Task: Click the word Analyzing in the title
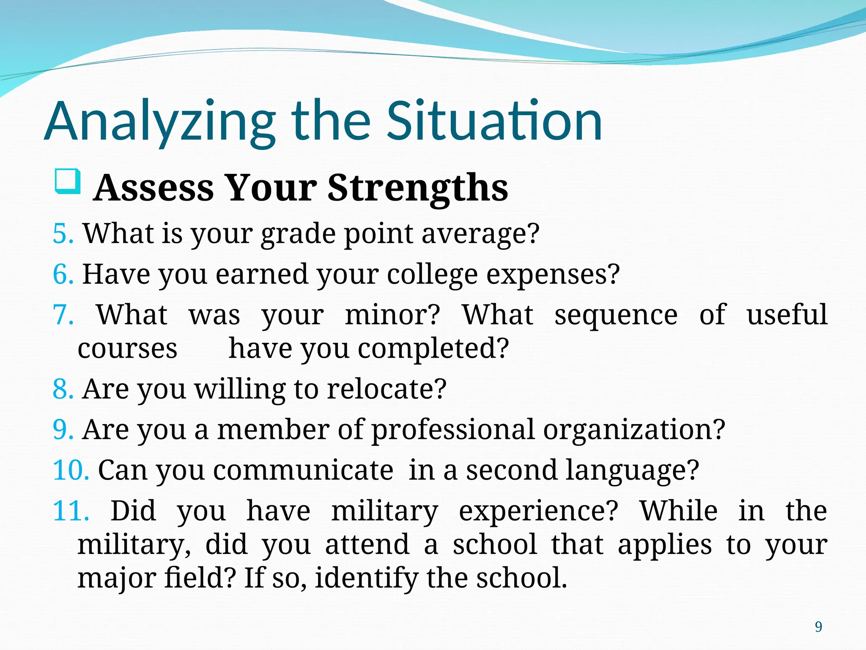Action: pyautogui.click(x=160, y=123)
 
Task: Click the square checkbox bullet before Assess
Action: pyautogui.click(x=67, y=182)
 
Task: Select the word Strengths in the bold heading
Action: pyautogui.click(x=417, y=188)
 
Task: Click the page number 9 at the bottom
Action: pyautogui.click(x=818, y=627)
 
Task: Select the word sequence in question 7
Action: pyautogui.click(x=616, y=316)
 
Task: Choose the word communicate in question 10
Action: pyautogui.click(x=303, y=470)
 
